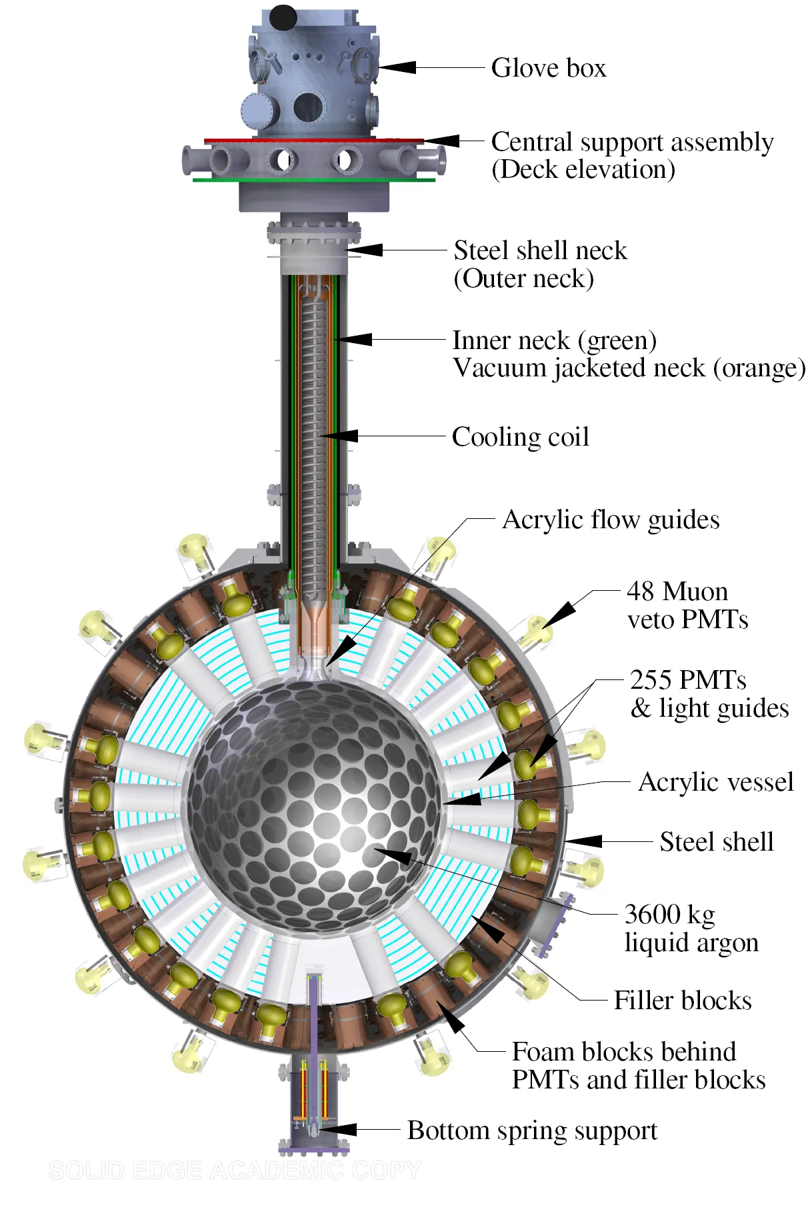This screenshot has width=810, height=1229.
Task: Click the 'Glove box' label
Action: tap(548, 68)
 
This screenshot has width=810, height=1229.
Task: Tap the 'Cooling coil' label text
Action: tap(520, 437)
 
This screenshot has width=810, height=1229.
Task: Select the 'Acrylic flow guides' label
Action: tap(610, 520)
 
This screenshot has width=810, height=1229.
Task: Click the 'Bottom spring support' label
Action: tap(532, 1130)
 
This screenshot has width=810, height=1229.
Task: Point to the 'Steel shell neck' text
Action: tap(540, 250)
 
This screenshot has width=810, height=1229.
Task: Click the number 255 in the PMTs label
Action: tap(650, 679)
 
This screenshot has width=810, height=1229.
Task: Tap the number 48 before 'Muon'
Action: tap(641, 592)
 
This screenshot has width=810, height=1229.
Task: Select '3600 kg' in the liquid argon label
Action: tap(669, 915)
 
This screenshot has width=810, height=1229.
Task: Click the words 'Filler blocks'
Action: tap(682, 1001)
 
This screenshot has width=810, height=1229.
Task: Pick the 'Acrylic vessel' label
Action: tap(715, 782)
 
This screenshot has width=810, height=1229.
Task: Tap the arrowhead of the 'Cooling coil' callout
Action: tap(340, 436)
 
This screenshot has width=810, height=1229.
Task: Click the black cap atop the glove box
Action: tap(283, 17)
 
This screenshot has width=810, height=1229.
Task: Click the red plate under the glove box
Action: tap(313, 141)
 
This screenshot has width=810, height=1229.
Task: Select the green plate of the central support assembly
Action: tap(313, 180)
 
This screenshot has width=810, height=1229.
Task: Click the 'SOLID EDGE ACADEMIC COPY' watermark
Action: tap(235, 1170)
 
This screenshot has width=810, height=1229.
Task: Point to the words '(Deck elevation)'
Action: tap(583, 170)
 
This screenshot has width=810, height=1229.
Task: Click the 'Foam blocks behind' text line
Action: tap(623, 1052)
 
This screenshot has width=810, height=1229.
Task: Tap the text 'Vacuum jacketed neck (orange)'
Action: tap(629, 368)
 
